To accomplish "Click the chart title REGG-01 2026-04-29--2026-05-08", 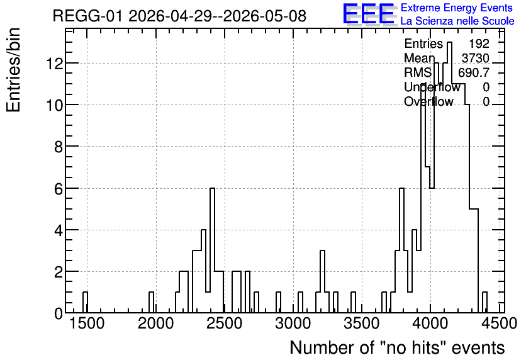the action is click(179, 16).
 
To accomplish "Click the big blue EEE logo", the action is click(369, 14).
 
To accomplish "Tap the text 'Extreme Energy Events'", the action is click(457, 8).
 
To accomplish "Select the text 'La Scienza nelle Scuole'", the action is click(457, 21).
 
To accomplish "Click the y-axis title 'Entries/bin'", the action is click(14, 70).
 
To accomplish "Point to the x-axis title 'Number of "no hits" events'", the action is click(397, 347).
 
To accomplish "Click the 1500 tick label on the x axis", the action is click(87, 323).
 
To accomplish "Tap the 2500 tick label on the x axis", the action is click(225, 323).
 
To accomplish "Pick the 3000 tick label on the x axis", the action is click(293, 323).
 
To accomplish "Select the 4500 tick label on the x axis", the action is click(498, 323).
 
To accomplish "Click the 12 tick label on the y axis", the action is click(54, 63).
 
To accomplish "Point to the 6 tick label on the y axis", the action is click(59, 189).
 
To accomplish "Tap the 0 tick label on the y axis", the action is click(59, 313).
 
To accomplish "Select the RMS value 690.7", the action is click(474, 72).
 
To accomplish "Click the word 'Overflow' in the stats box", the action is click(428, 101).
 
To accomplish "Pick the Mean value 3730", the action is click(475, 58).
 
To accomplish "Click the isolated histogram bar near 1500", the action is click(85, 302).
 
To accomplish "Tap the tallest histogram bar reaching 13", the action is click(449, 177).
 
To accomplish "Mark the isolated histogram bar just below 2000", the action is click(151, 302).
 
